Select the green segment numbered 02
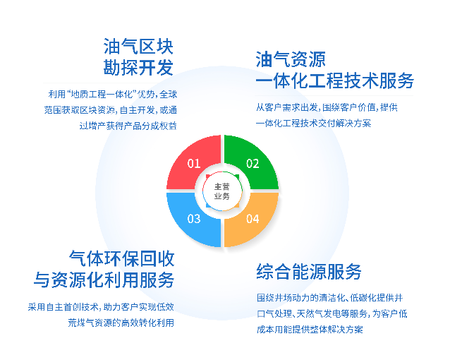[252, 162]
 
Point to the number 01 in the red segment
[193, 164]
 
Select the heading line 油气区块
[138, 47]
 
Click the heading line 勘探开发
[138, 69]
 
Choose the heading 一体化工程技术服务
[334, 81]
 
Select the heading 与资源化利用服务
[104, 280]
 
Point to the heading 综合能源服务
[309, 271]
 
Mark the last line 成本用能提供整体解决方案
[310, 330]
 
